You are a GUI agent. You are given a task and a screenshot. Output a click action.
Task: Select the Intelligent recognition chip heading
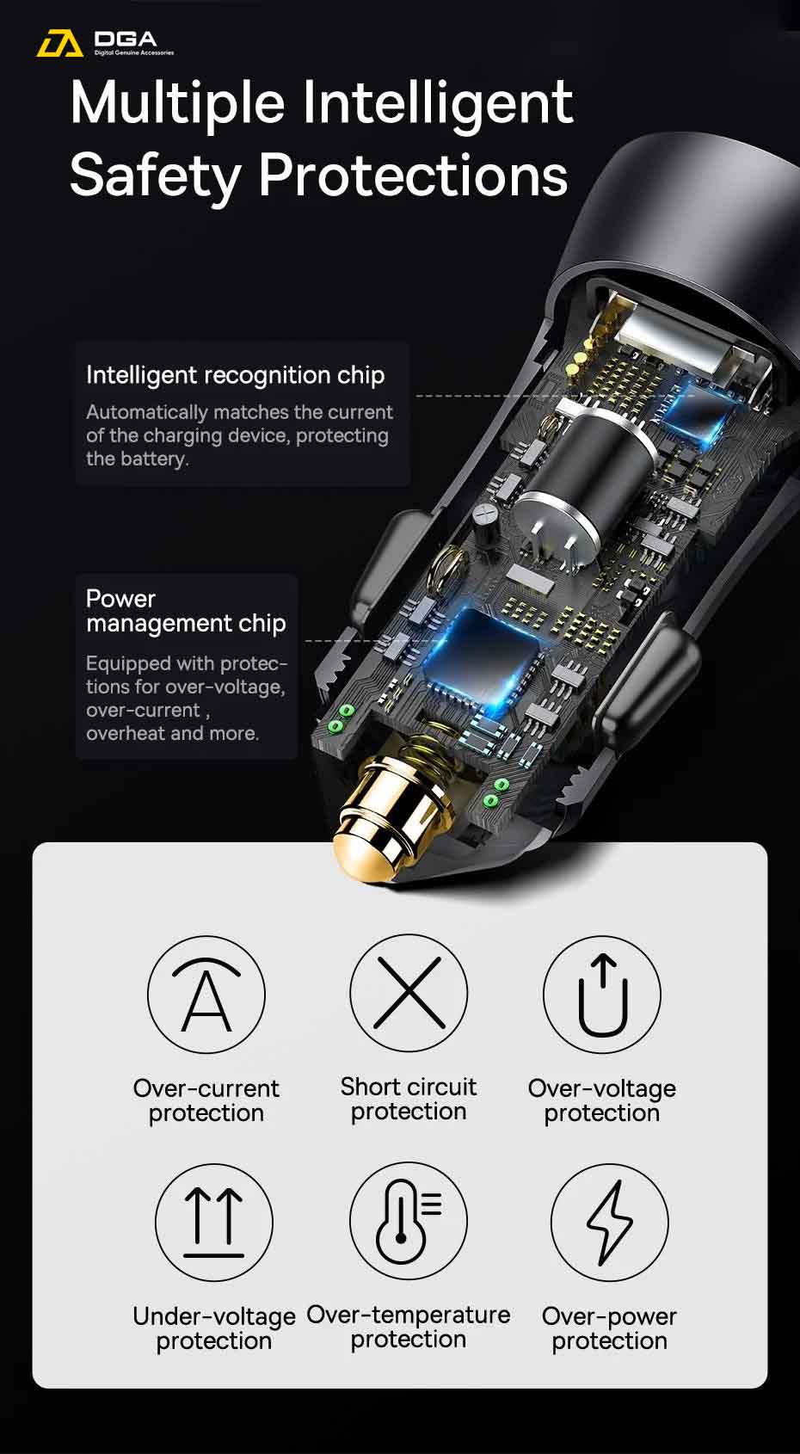point(235,376)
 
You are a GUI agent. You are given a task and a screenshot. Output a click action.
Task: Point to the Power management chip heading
point(186,611)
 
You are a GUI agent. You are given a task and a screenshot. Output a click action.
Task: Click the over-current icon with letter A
point(206,994)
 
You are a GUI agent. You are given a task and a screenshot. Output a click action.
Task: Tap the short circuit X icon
point(409,993)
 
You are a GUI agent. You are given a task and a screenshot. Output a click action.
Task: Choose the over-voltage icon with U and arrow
point(602,994)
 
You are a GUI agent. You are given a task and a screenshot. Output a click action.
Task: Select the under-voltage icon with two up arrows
point(214,1223)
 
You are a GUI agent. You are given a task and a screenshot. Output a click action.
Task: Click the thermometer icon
point(409,1221)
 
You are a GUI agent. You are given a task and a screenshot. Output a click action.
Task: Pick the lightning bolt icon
point(609,1223)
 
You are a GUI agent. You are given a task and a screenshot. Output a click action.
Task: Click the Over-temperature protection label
point(409,1327)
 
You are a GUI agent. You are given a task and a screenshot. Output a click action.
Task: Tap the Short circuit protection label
point(409,1100)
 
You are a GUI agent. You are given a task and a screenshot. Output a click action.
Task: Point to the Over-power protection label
point(609,1328)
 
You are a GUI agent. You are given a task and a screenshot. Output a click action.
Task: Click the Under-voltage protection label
point(214,1328)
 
